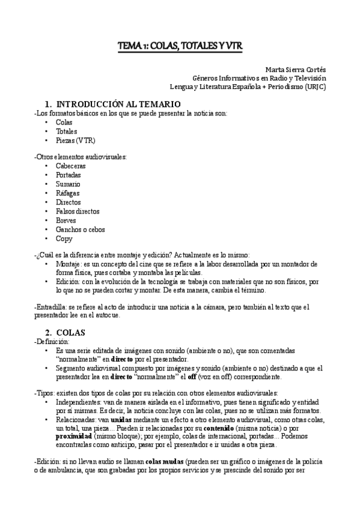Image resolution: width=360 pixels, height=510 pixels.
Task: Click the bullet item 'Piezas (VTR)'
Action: (x=76, y=140)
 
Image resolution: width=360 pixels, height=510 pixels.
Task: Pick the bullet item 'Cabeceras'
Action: (x=71, y=165)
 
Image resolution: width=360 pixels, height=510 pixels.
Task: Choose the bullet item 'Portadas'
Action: (x=69, y=174)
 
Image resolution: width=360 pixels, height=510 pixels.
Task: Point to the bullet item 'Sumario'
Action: (x=68, y=183)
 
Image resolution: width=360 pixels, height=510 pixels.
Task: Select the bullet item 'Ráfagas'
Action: (x=68, y=192)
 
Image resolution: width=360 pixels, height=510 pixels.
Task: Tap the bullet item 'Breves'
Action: (x=67, y=220)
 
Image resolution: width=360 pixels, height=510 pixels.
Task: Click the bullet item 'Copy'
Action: (x=64, y=238)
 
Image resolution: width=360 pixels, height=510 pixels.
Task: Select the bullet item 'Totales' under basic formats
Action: (x=67, y=131)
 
